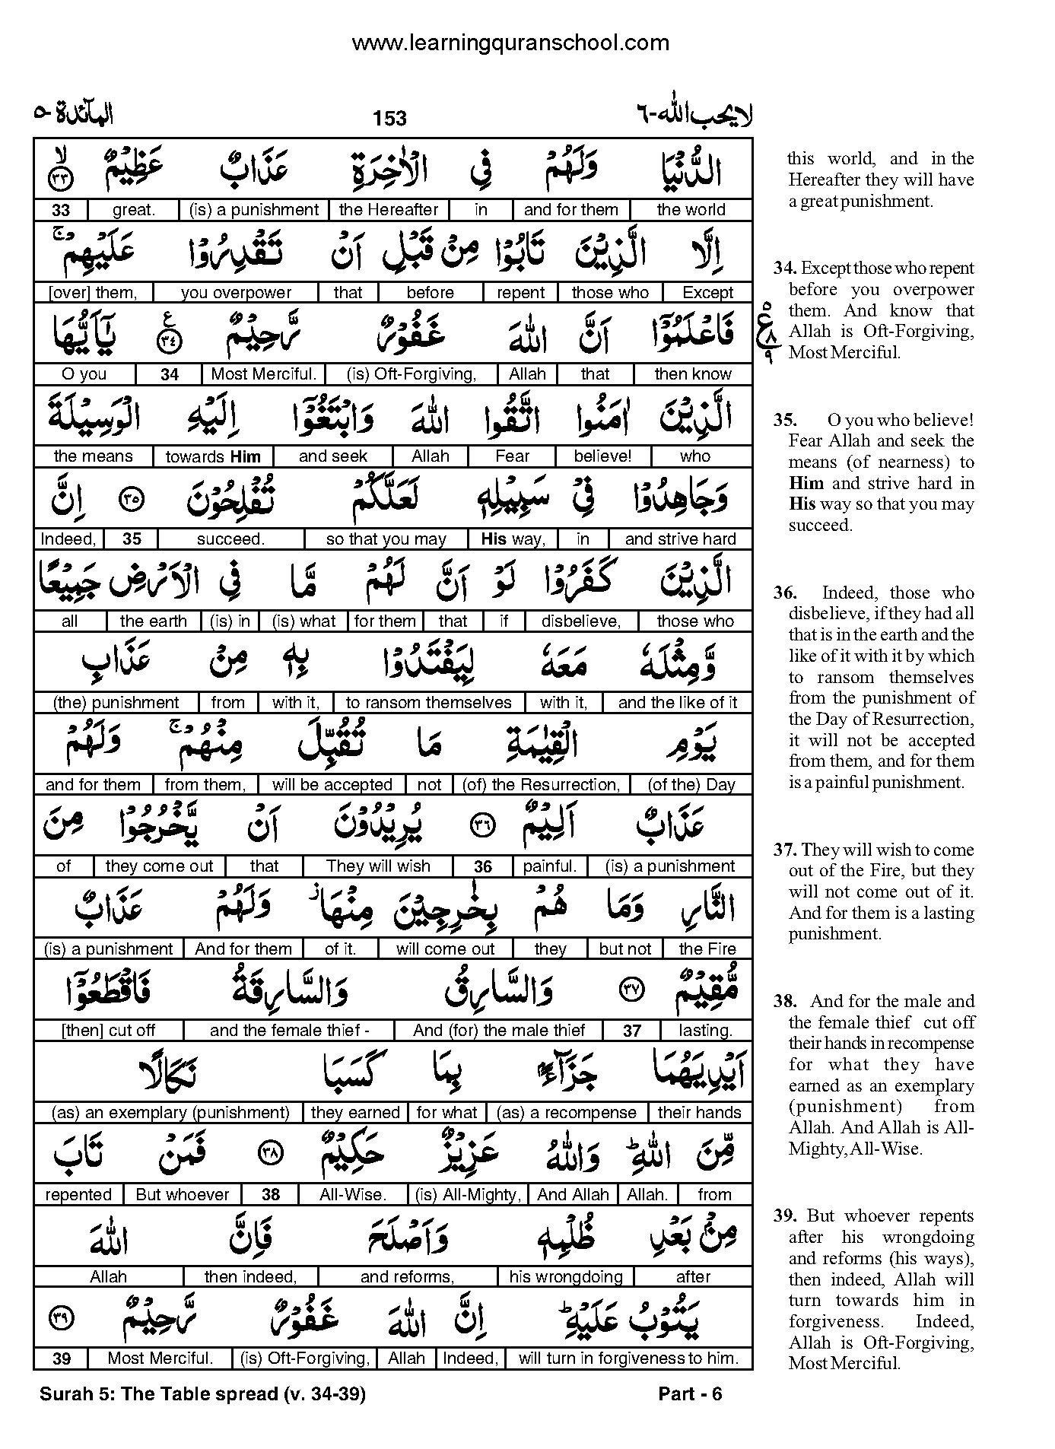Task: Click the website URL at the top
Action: click(x=510, y=43)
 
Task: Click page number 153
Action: click(x=389, y=118)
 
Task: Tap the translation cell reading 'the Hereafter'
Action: click(x=388, y=210)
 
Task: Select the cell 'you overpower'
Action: click(x=236, y=293)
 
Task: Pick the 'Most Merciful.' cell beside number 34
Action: click(x=263, y=374)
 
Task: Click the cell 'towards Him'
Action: click(x=213, y=456)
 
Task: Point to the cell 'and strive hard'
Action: click(x=680, y=539)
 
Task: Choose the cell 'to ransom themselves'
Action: click(x=428, y=703)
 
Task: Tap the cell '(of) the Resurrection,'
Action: click(x=541, y=785)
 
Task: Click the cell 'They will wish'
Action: click(x=378, y=866)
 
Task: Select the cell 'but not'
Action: click(x=624, y=949)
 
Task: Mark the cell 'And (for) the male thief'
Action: click(x=499, y=1031)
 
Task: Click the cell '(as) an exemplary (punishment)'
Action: click(x=170, y=1113)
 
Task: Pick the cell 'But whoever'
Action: click(x=183, y=1195)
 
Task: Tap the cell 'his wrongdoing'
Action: click(x=565, y=1277)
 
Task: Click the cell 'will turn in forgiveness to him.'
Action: click(x=628, y=1358)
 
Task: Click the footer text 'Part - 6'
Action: click(x=690, y=1393)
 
